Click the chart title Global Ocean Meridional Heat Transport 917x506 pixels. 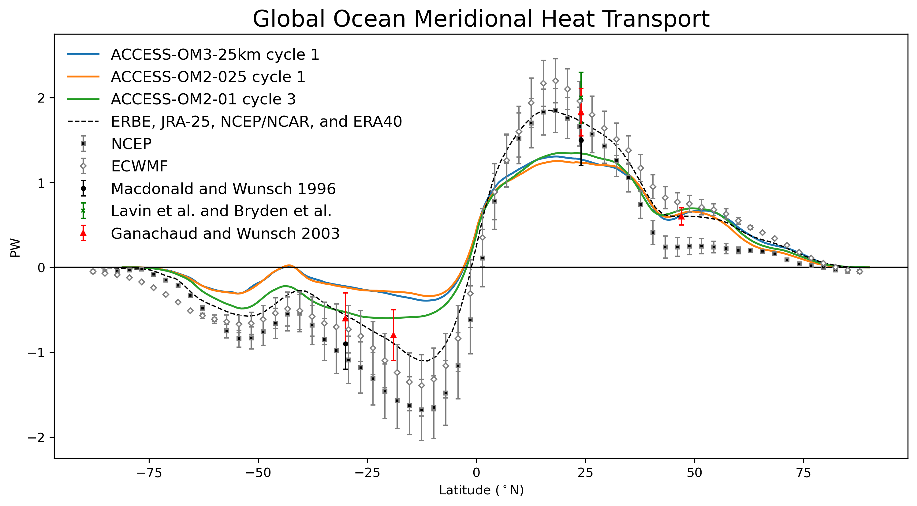coord(481,18)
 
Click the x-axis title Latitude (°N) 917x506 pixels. coord(481,490)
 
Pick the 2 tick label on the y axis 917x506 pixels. coord(41,98)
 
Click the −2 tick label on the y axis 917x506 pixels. coord(37,437)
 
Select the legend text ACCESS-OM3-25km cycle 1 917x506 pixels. coord(215,54)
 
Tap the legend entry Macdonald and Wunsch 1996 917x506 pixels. coord(223,189)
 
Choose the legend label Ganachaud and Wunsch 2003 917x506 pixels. coord(225,234)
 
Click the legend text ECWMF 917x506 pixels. coord(139,166)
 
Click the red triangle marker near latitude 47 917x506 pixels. coord(681,216)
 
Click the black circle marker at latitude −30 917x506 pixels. coord(345,344)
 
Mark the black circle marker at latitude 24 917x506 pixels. coord(581,140)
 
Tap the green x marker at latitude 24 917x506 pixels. coord(581,98)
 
